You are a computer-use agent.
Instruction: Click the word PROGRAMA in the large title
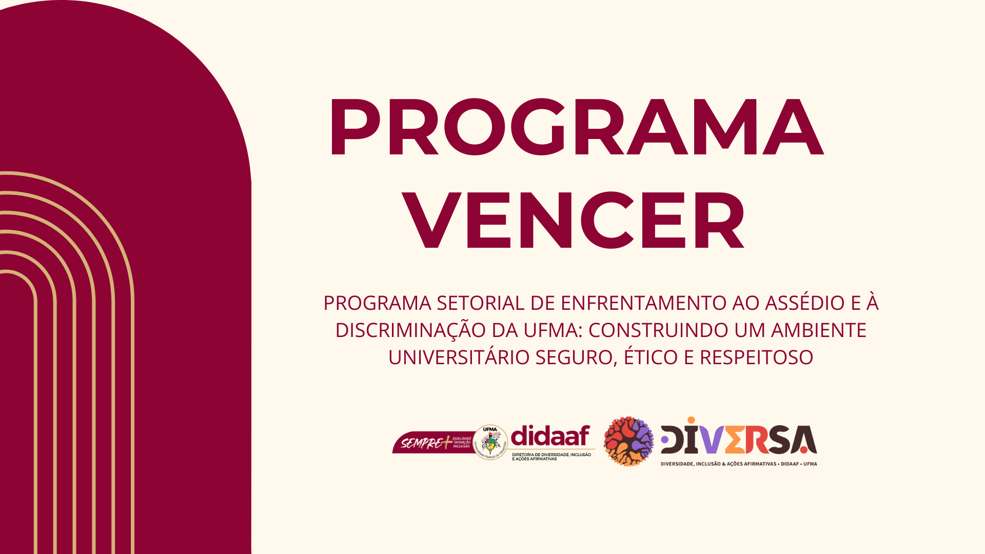click(576, 127)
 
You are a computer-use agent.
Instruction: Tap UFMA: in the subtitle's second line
click(553, 330)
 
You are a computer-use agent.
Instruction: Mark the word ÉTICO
click(651, 358)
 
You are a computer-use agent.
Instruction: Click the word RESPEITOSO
click(756, 358)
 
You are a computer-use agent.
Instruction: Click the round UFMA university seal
click(490, 442)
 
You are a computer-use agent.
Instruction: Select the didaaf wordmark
click(550, 437)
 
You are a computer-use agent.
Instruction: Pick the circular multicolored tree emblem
click(628, 441)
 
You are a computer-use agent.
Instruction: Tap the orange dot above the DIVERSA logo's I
click(692, 421)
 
